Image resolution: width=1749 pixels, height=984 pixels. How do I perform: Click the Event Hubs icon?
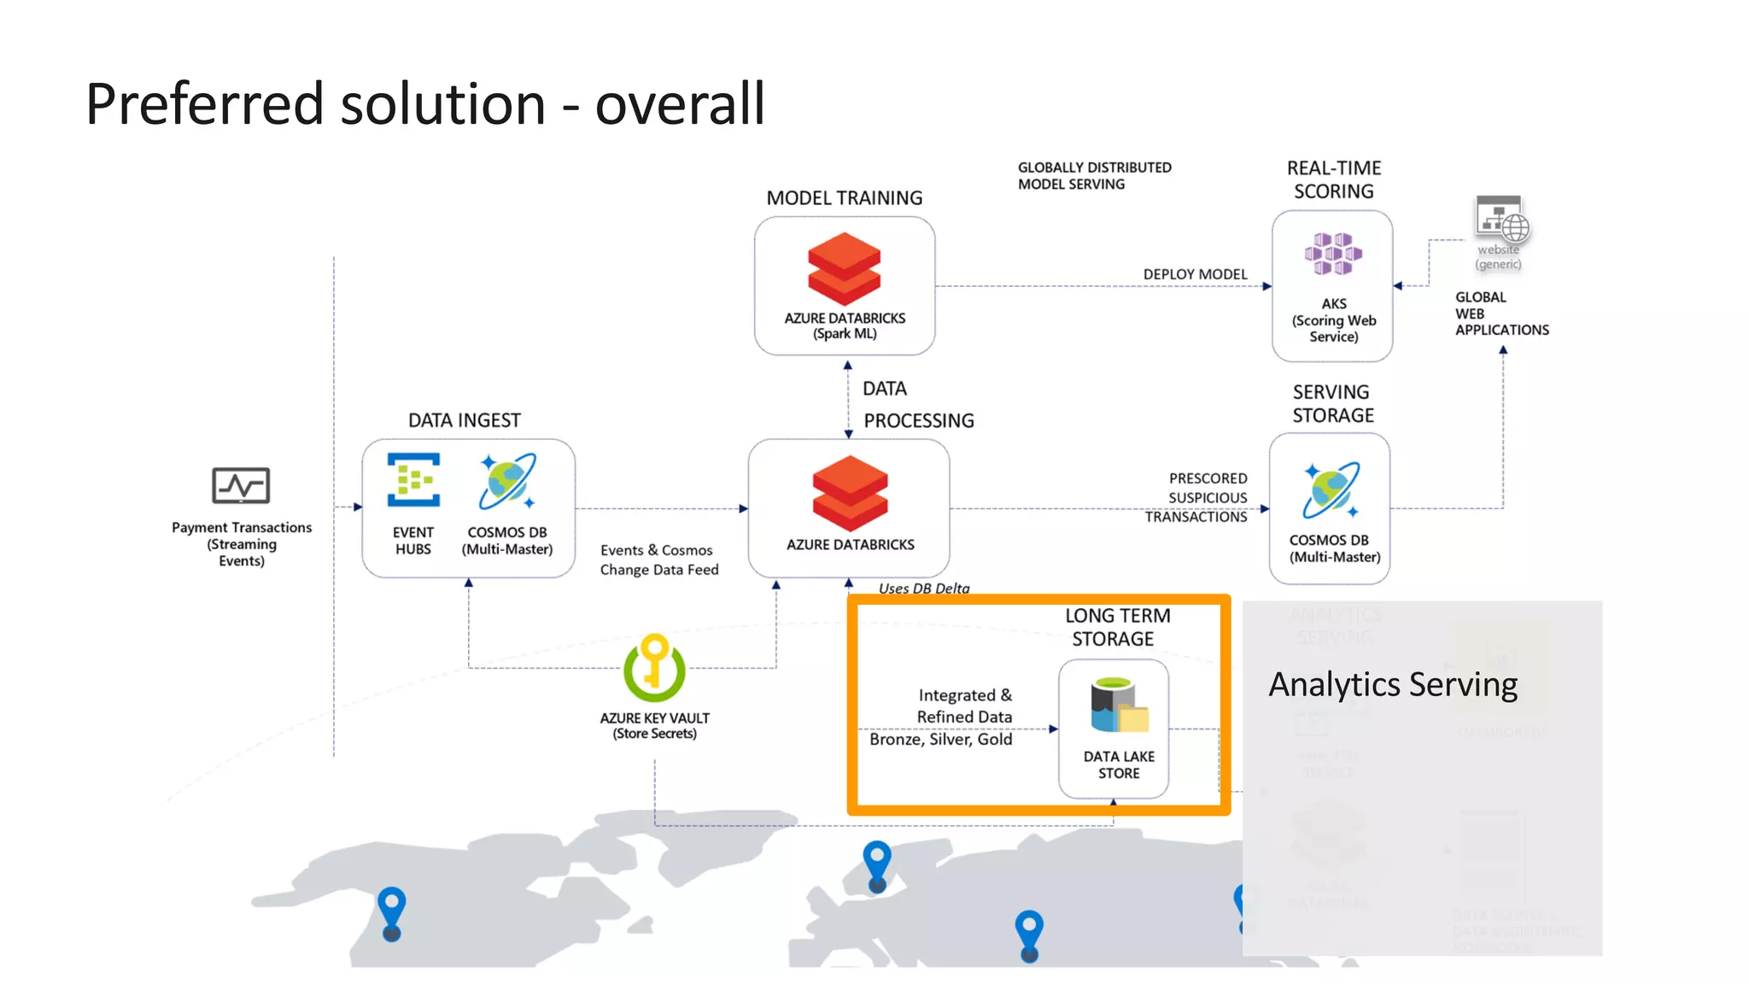point(413,479)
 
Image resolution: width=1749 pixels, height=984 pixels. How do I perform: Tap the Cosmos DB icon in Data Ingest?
point(507,481)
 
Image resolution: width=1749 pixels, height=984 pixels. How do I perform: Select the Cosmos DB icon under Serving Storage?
point(1331,489)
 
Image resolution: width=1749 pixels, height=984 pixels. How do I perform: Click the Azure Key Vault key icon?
point(654,667)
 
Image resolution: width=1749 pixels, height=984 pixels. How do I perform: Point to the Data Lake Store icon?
point(1118,706)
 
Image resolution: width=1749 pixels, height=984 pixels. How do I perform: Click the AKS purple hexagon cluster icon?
point(1332,254)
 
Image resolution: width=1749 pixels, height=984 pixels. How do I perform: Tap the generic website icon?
point(1501,220)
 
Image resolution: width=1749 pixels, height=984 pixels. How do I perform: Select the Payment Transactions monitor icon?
point(241,486)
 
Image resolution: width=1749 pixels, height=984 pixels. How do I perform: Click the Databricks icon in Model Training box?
point(844,269)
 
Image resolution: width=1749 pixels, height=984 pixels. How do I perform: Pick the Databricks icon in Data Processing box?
point(850,493)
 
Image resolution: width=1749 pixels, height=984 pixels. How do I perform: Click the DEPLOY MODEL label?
point(1195,274)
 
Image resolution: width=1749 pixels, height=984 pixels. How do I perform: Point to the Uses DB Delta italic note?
point(924,588)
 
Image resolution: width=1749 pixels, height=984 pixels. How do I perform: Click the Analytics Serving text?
point(1393,685)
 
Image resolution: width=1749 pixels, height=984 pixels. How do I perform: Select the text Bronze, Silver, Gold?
point(940,739)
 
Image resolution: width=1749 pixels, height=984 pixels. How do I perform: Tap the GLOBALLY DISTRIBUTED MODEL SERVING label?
point(1094,176)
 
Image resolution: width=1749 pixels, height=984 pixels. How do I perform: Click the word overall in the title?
point(679,104)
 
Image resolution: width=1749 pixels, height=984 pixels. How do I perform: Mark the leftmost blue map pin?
point(391,912)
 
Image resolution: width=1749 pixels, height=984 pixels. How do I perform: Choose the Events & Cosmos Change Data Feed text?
point(658,559)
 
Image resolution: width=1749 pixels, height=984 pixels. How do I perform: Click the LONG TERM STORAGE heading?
point(1116,627)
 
